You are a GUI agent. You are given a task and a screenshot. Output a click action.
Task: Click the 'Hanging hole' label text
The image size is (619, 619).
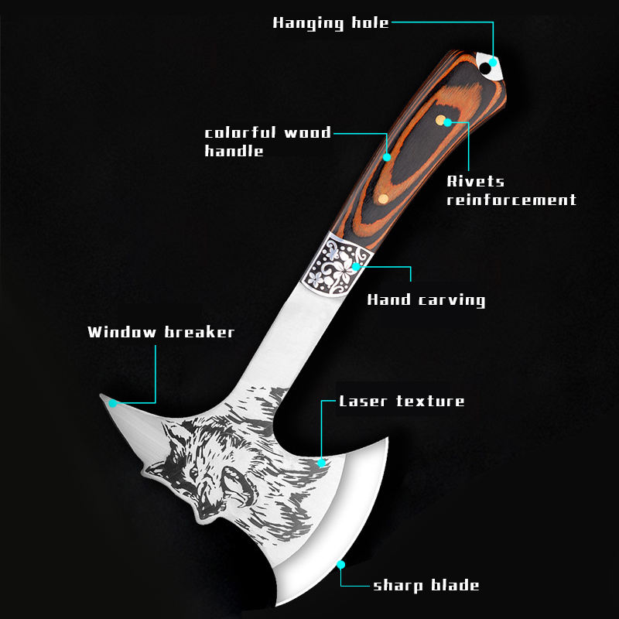click(x=330, y=22)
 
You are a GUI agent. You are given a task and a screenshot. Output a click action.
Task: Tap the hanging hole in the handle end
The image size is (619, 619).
click(x=485, y=69)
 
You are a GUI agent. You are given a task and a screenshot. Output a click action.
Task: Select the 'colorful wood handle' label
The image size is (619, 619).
click(x=267, y=142)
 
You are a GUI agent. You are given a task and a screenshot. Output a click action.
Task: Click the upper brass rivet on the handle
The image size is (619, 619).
click(x=440, y=120)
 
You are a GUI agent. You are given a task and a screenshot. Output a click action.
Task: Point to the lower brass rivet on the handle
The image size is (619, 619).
click(x=382, y=200)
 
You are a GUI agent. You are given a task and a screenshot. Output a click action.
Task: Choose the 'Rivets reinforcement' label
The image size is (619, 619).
click(x=511, y=190)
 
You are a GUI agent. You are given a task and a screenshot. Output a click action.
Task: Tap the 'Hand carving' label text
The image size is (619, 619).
click(x=426, y=299)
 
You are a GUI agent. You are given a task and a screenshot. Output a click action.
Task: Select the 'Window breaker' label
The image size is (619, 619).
click(x=161, y=333)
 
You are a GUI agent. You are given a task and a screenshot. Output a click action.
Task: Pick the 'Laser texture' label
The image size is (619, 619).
click(x=402, y=401)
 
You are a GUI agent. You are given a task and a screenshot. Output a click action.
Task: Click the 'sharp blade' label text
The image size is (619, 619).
click(x=426, y=585)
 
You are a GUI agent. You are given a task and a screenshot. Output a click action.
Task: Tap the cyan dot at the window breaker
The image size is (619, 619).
click(x=113, y=402)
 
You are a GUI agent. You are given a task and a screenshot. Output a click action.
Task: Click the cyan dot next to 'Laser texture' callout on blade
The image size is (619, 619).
click(x=322, y=463)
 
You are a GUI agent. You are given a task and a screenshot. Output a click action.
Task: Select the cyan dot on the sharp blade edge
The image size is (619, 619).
click(x=340, y=566)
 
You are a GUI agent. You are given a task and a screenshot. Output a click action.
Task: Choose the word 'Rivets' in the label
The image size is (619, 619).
click(x=476, y=181)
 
